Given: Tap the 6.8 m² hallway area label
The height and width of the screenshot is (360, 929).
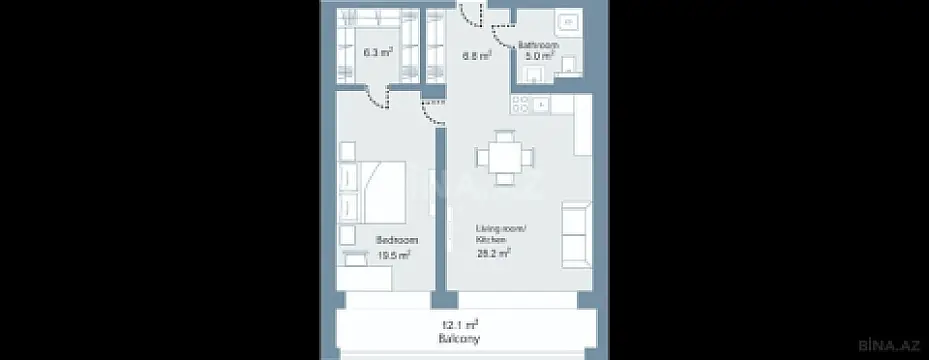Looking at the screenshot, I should (x=476, y=57).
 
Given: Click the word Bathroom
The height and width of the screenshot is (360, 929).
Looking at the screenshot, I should (x=537, y=46).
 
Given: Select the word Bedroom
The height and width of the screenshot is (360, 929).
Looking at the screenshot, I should (x=397, y=241).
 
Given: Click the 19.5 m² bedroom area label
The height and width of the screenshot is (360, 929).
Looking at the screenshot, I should (x=396, y=255).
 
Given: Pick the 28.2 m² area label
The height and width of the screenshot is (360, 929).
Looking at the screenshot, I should (x=494, y=254).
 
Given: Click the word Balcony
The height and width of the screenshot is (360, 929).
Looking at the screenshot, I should (x=462, y=339).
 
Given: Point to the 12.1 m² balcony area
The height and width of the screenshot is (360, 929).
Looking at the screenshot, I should (x=462, y=324).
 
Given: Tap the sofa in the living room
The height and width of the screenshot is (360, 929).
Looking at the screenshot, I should (x=576, y=232).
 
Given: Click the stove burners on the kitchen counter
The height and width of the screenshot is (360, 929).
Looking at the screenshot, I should (x=521, y=103).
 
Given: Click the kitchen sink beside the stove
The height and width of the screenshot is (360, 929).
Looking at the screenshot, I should (x=542, y=103).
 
